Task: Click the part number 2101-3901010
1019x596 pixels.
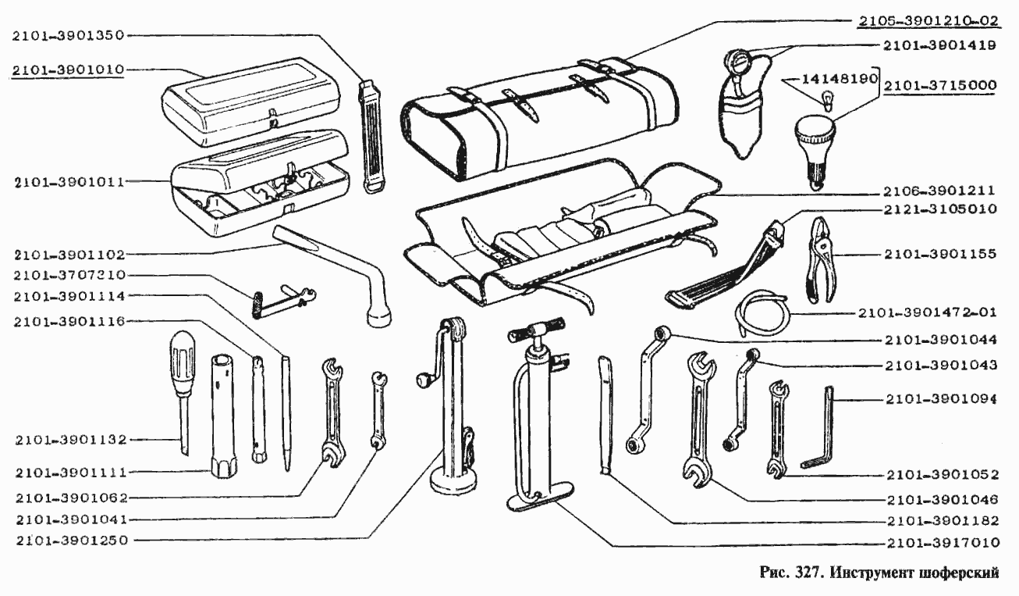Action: [x=68, y=70]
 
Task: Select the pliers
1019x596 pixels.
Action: [x=822, y=259]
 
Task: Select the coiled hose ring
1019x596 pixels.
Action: [x=764, y=312]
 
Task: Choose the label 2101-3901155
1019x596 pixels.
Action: [x=941, y=254]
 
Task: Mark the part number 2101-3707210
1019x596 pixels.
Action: [x=68, y=275]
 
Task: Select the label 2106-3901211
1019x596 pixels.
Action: [x=941, y=190]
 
